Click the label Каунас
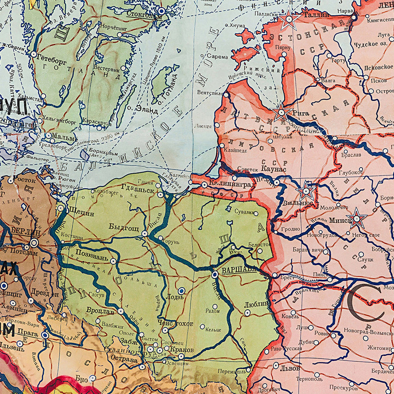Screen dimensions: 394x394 (272, 169)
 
